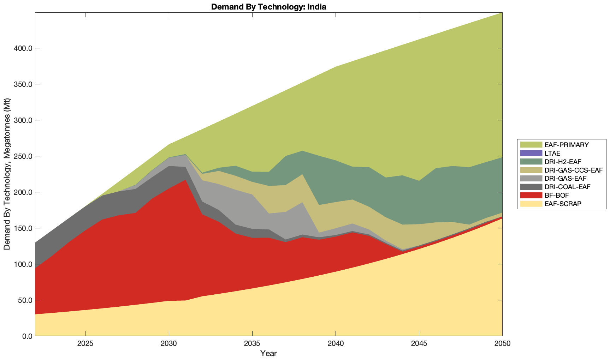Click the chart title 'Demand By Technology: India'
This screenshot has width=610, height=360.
pos(268,7)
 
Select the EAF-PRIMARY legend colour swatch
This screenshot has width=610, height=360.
pos(531,145)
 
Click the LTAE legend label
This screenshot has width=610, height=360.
pos(552,153)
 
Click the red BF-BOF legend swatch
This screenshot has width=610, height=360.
pos(531,195)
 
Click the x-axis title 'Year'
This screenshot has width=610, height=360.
pos(268,353)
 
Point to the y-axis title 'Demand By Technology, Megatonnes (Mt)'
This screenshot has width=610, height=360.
pos(7,174)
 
